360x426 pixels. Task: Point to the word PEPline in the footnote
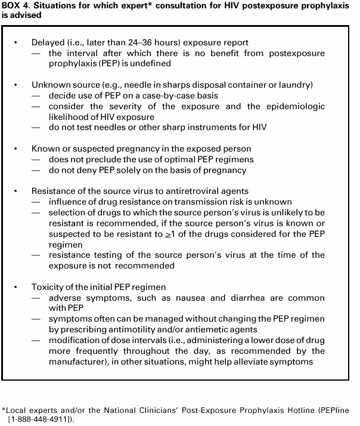[328, 410]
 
